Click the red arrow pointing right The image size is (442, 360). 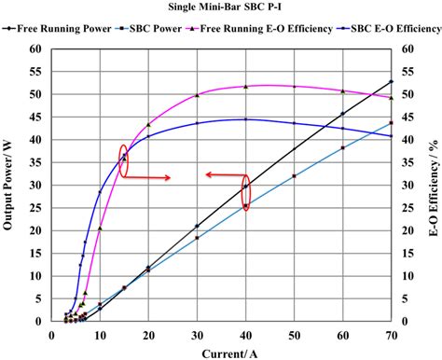151,177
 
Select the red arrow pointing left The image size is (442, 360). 224,174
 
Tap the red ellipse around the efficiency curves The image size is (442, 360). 124,159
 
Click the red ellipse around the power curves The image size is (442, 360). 246,193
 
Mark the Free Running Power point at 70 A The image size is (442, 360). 391,82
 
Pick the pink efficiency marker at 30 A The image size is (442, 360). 197,95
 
